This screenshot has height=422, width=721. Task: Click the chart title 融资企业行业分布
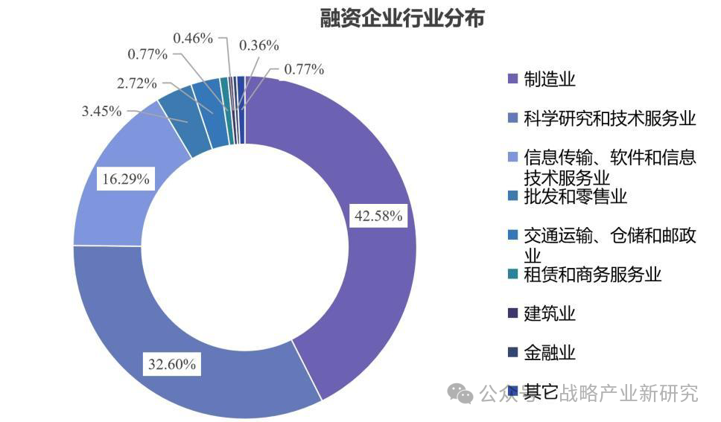tap(402, 18)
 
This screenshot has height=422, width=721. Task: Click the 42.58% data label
tap(378, 217)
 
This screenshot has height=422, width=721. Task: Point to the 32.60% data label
tap(172, 365)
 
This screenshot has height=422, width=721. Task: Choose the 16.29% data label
tap(126, 179)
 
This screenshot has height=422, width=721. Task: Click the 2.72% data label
tap(137, 82)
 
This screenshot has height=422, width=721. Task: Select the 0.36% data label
tap(258, 45)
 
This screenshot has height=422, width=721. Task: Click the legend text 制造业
tap(550, 80)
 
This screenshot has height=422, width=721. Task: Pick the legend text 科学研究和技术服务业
tap(609, 118)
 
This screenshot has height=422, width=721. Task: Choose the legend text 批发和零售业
tap(575, 196)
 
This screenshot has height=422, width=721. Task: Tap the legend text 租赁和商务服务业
tap(592, 275)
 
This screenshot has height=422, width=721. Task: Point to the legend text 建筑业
tap(550, 313)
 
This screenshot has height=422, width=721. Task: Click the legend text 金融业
tap(550, 352)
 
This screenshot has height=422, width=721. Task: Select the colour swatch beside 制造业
tap(512, 80)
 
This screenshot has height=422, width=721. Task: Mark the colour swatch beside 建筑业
tap(512, 313)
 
